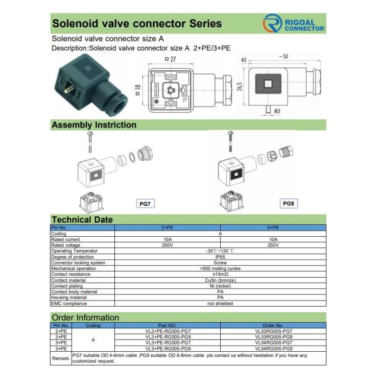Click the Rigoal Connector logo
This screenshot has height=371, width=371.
pyautogui.click(x=294, y=24)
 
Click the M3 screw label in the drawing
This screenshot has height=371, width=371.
pyautogui.click(x=278, y=111)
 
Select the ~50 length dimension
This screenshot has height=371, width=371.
pyautogui.click(x=283, y=58)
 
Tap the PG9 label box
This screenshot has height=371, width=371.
pyautogui.click(x=289, y=203)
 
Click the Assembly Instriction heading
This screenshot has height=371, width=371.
pyautogui.click(x=94, y=125)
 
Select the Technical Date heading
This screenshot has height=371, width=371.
pyautogui.click(x=82, y=220)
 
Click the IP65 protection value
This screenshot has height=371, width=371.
pyautogui.click(x=220, y=257)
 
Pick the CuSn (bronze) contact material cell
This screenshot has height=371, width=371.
pyautogui.click(x=220, y=280)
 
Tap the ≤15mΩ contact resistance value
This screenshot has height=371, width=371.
pyautogui.click(x=220, y=274)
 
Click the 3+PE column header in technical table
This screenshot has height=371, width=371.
pyautogui.click(x=273, y=228)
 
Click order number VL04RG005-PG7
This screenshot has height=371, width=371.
pyautogui.click(x=273, y=343)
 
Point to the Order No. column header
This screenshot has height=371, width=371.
pyautogui.click(x=273, y=325)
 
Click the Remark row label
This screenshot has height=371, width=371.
pyautogui.click(x=61, y=358)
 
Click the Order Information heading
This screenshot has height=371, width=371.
pyautogui.click(x=85, y=317)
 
